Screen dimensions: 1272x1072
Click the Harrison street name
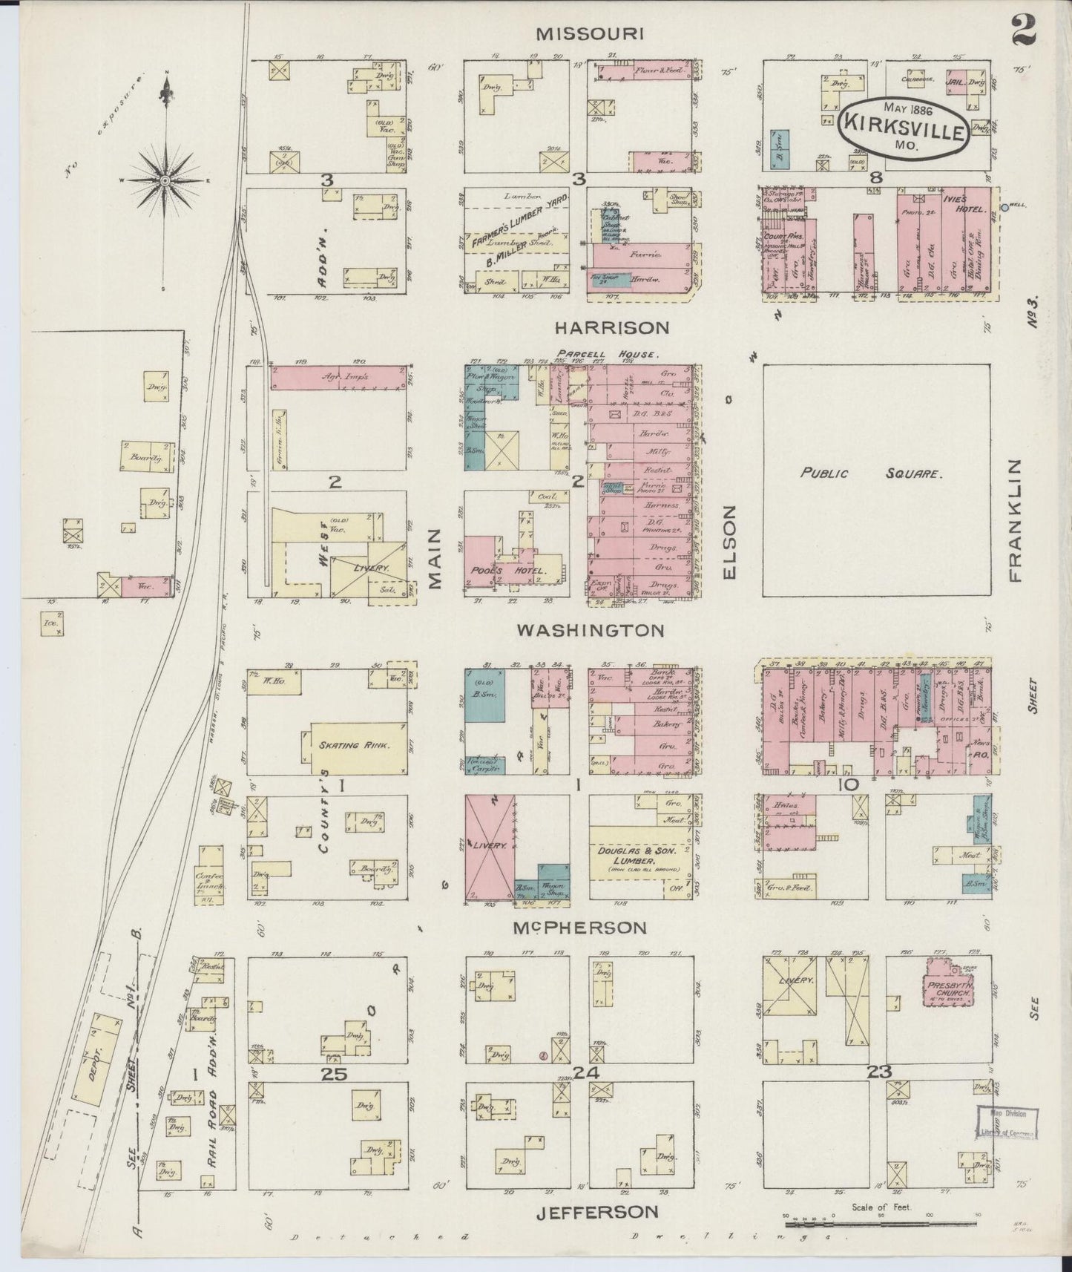(x=611, y=327)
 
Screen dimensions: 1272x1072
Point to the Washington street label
(x=590, y=630)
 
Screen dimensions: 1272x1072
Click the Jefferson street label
(x=596, y=1212)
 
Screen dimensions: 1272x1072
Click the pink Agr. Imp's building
(x=339, y=377)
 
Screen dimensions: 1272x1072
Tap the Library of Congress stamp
(x=1007, y=1124)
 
